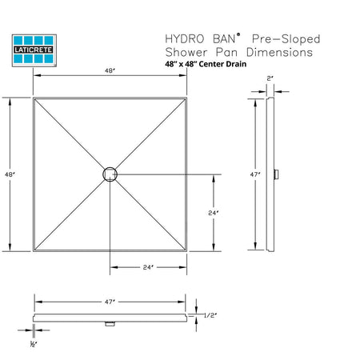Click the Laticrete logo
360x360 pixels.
click(x=34, y=50)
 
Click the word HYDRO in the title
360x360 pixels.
click(x=185, y=39)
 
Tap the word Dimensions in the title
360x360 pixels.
click(x=279, y=52)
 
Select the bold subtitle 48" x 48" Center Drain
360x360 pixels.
click(x=206, y=64)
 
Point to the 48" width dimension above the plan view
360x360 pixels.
click(x=110, y=71)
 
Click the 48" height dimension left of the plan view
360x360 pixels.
click(x=10, y=174)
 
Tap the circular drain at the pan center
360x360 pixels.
click(x=110, y=174)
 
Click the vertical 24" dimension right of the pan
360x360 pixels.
click(x=214, y=213)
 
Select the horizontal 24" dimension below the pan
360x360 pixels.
click(x=148, y=267)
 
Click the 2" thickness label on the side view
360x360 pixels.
click(x=270, y=78)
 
